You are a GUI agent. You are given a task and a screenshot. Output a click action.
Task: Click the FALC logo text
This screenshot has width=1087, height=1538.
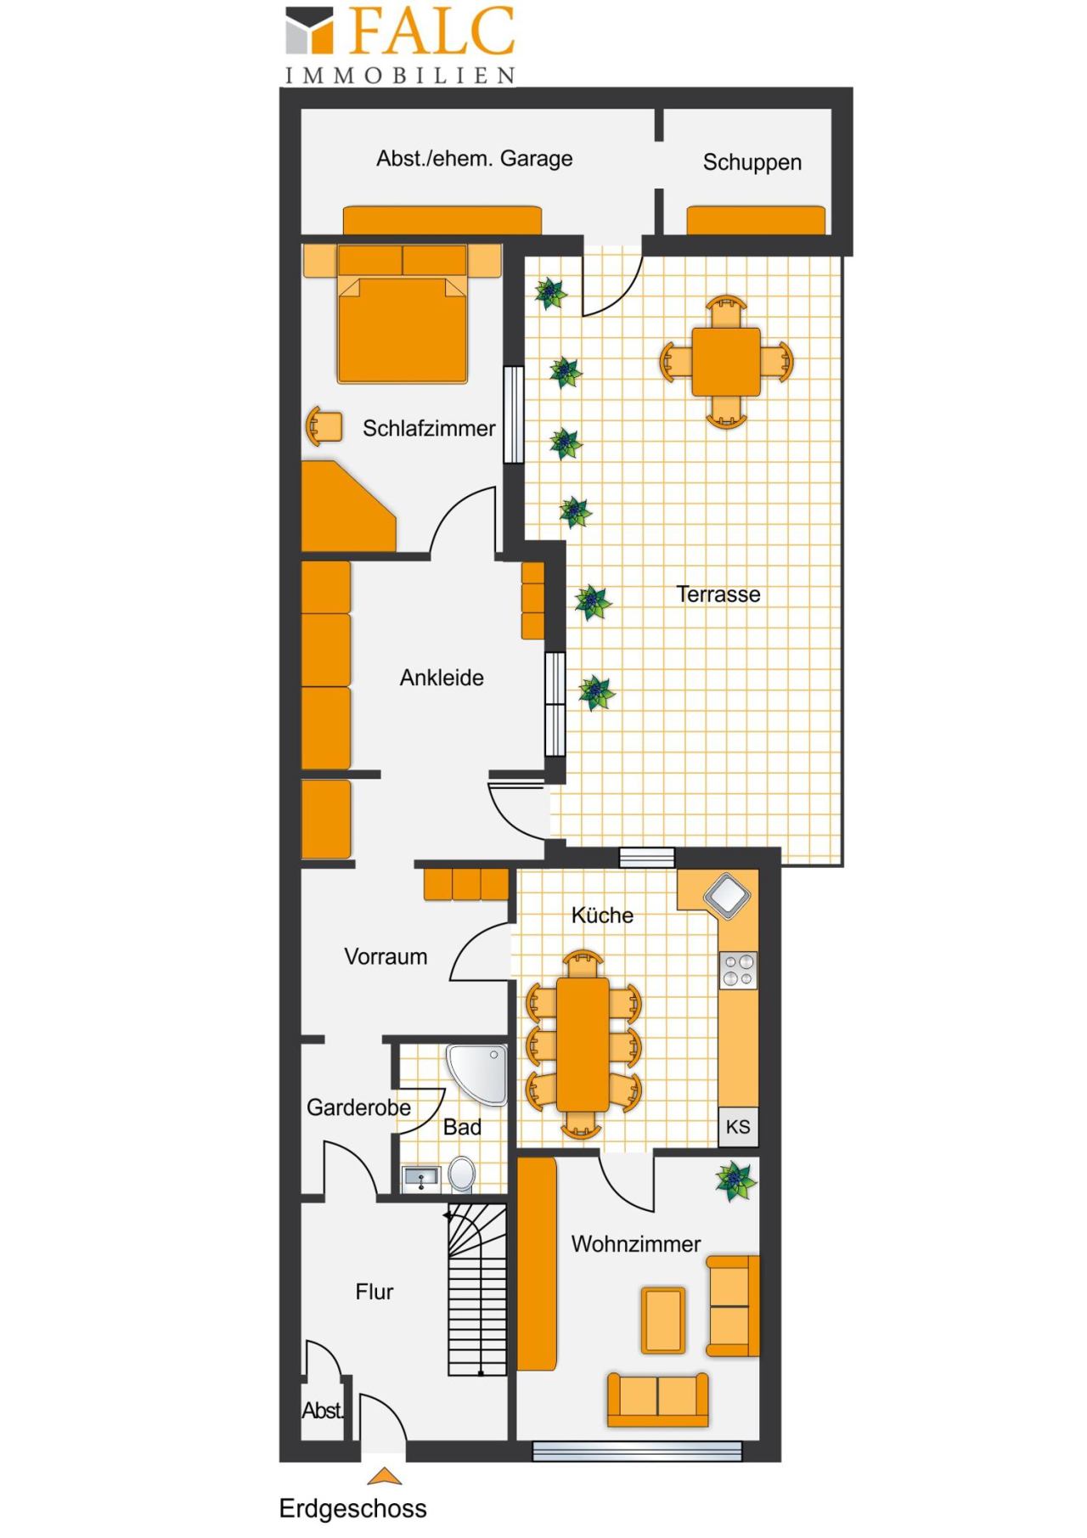431,32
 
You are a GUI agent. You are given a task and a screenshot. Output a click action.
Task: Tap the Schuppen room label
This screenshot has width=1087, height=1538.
752,162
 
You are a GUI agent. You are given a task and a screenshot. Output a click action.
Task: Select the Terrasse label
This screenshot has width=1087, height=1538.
718,594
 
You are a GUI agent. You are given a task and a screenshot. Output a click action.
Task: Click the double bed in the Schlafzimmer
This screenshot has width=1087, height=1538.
403,314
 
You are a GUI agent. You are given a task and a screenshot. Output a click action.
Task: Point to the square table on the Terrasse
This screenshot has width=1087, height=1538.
725,362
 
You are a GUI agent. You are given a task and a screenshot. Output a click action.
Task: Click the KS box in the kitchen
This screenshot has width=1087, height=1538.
738,1127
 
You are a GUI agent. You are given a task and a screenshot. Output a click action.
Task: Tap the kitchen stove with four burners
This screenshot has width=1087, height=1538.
738,970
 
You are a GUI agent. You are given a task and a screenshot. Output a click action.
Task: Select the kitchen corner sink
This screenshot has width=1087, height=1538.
727,894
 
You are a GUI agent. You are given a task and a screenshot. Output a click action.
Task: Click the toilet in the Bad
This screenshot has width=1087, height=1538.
462,1174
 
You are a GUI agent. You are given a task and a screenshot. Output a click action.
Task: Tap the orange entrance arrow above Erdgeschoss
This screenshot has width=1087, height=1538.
384,1476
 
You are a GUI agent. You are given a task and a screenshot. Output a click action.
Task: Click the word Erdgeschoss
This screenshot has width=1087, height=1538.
352,1508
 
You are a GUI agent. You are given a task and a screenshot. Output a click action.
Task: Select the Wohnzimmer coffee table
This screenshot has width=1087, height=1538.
663,1320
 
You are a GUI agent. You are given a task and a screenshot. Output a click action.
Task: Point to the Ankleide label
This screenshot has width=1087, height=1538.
442,678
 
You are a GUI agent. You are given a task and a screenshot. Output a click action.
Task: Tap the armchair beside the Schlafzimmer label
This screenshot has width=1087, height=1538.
324,426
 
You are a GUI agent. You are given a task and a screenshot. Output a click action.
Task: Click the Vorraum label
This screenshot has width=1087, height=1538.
386,956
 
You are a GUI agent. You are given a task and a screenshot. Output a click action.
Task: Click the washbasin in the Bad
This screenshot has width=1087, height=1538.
420,1178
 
